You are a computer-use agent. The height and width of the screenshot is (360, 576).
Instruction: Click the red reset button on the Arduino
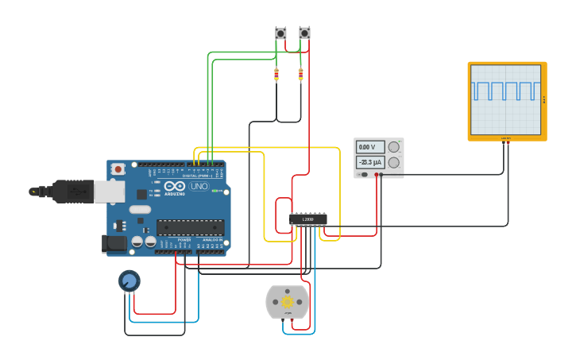pos(118,168)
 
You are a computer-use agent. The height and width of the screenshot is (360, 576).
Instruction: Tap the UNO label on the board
pos(199,186)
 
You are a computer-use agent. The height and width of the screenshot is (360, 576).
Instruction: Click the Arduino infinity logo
pos(175,186)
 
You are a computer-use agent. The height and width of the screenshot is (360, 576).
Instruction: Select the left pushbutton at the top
pos(280,33)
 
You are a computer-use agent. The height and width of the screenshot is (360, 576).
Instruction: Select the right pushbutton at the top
pos(304,33)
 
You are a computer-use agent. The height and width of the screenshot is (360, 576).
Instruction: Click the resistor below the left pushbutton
pos(276,75)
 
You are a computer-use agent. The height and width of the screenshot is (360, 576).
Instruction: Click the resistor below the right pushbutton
pos(300,75)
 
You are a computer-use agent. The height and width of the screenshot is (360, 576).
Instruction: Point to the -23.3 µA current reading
pos(369,162)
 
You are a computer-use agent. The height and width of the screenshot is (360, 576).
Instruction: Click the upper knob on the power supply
pos(393,147)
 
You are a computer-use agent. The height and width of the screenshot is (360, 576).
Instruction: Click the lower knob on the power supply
pos(393,162)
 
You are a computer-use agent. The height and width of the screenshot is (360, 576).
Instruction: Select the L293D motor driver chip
pos(307,219)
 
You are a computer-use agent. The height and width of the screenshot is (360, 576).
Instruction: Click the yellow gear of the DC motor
pos(287,302)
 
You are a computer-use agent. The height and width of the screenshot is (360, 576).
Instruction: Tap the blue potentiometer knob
pos(129,281)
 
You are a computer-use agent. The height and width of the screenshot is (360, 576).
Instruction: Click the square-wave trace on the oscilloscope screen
pos(505,90)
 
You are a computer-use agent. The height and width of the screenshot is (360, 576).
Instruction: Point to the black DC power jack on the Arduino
pos(114,244)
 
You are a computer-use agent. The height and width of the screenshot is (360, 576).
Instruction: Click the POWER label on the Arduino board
pos(184,239)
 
